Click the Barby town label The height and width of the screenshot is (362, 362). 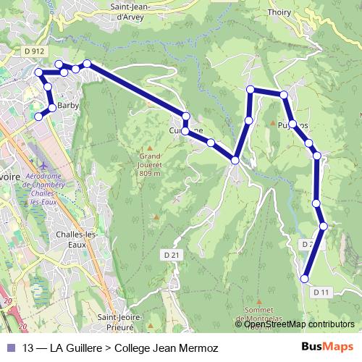coord(67,106)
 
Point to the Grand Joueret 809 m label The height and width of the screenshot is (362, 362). coord(149,164)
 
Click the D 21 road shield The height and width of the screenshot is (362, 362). coord(171,256)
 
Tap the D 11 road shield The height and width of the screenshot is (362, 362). coord(321,292)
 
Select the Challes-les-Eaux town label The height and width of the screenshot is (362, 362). coord(76,238)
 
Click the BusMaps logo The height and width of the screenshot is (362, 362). coord(327,346)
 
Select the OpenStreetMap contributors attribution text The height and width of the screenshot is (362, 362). coord(299,324)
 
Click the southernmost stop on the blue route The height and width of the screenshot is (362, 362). coord(305,278)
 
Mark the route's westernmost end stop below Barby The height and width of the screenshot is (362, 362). coord(38,117)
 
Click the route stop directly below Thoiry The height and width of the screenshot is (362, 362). coord(284,95)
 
